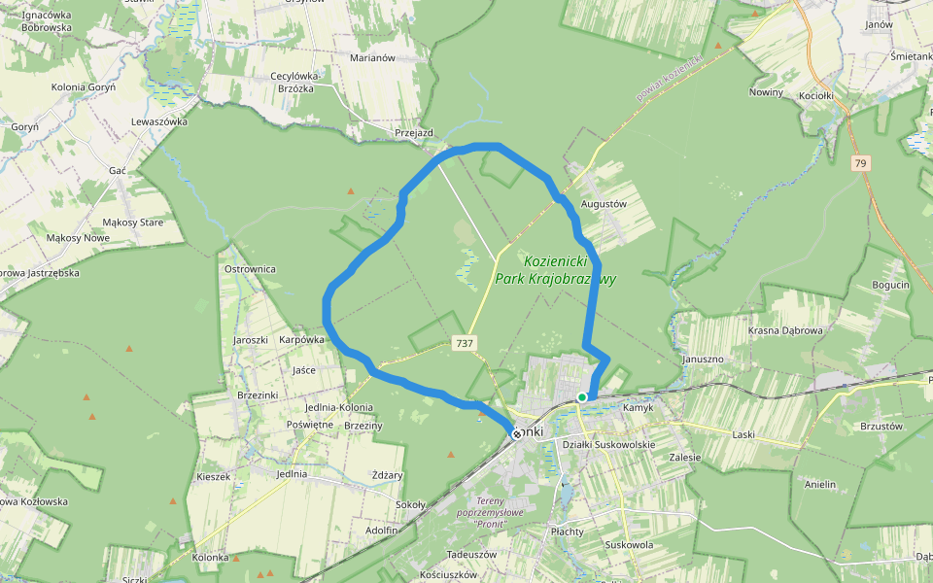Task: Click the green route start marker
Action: point(581,396)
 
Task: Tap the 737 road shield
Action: point(465,343)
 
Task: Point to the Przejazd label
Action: point(413,132)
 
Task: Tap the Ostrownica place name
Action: point(250,269)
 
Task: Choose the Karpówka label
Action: point(301,340)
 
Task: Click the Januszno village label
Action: point(703,359)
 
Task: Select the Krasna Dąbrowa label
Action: point(785,330)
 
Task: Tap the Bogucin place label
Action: point(890,285)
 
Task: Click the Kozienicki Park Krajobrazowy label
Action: point(570,270)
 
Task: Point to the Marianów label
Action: point(371,57)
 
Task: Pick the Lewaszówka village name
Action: point(158,121)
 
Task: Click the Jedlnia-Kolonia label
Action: point(338,407)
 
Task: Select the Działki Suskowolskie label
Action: point(609,444)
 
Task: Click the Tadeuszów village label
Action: point(471,554)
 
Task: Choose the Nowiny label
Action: point(766,92)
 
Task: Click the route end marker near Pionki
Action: point(517,434)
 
